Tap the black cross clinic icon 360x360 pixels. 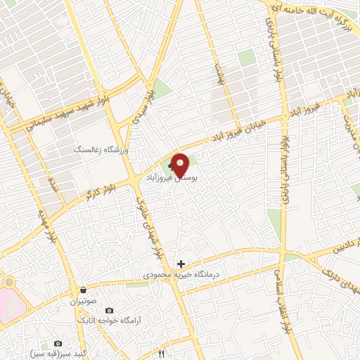181,264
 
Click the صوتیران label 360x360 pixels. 82,301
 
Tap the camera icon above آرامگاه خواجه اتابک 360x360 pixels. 110,310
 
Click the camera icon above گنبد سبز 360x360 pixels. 58,343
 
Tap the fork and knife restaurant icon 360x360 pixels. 162,354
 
